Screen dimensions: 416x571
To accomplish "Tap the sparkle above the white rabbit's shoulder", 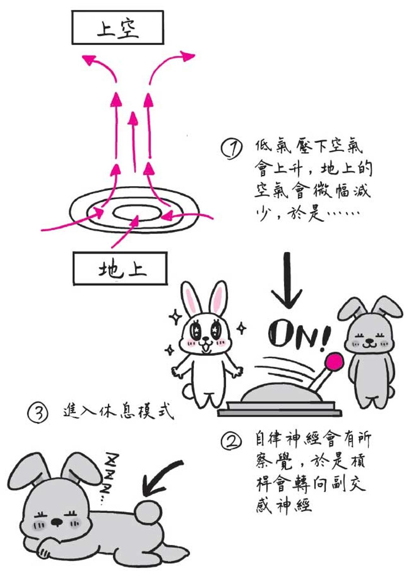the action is [175, 317].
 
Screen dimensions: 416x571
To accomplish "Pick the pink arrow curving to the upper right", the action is [165, 64].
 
